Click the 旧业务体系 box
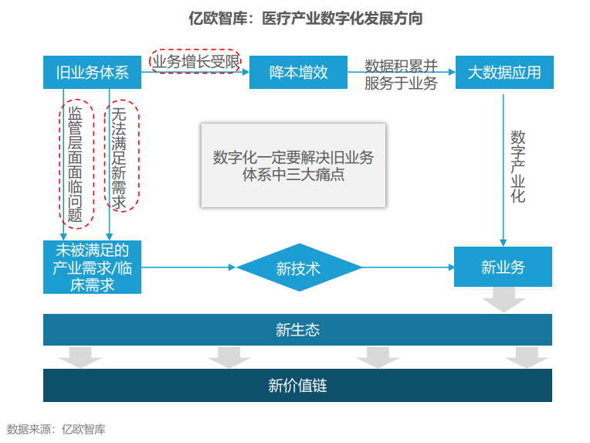pos(92,73)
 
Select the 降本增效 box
pos(298,73)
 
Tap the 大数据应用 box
pos(504,73)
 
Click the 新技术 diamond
pos(299,268)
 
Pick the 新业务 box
pos(503,267)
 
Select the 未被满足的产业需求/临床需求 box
pos(92,267)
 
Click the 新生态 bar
pos(297,329)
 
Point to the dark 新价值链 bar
pos(297,385)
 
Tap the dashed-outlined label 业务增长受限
pos(195,61)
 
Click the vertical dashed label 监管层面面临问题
pos(76,164)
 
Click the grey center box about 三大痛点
pos(293,165)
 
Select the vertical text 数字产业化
pos(517,166)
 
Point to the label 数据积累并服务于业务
pos(401,74)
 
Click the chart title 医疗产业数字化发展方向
pos(306,18)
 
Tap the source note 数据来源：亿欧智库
pos(56,429)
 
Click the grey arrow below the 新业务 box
pos(504,299)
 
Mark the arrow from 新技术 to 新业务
pos(409,268)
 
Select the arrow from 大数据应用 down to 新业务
pos(503,170)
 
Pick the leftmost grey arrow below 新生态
pos(80,356)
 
